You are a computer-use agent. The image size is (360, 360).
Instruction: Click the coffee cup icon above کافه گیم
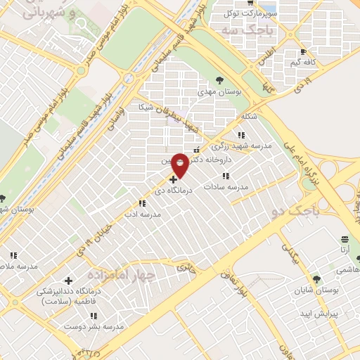point(303,52)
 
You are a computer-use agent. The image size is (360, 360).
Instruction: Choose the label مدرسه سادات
point(225,187)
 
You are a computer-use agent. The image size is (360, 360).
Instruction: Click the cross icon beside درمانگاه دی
point(174,180)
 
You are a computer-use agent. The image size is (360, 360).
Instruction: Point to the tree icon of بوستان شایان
point(316,279)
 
